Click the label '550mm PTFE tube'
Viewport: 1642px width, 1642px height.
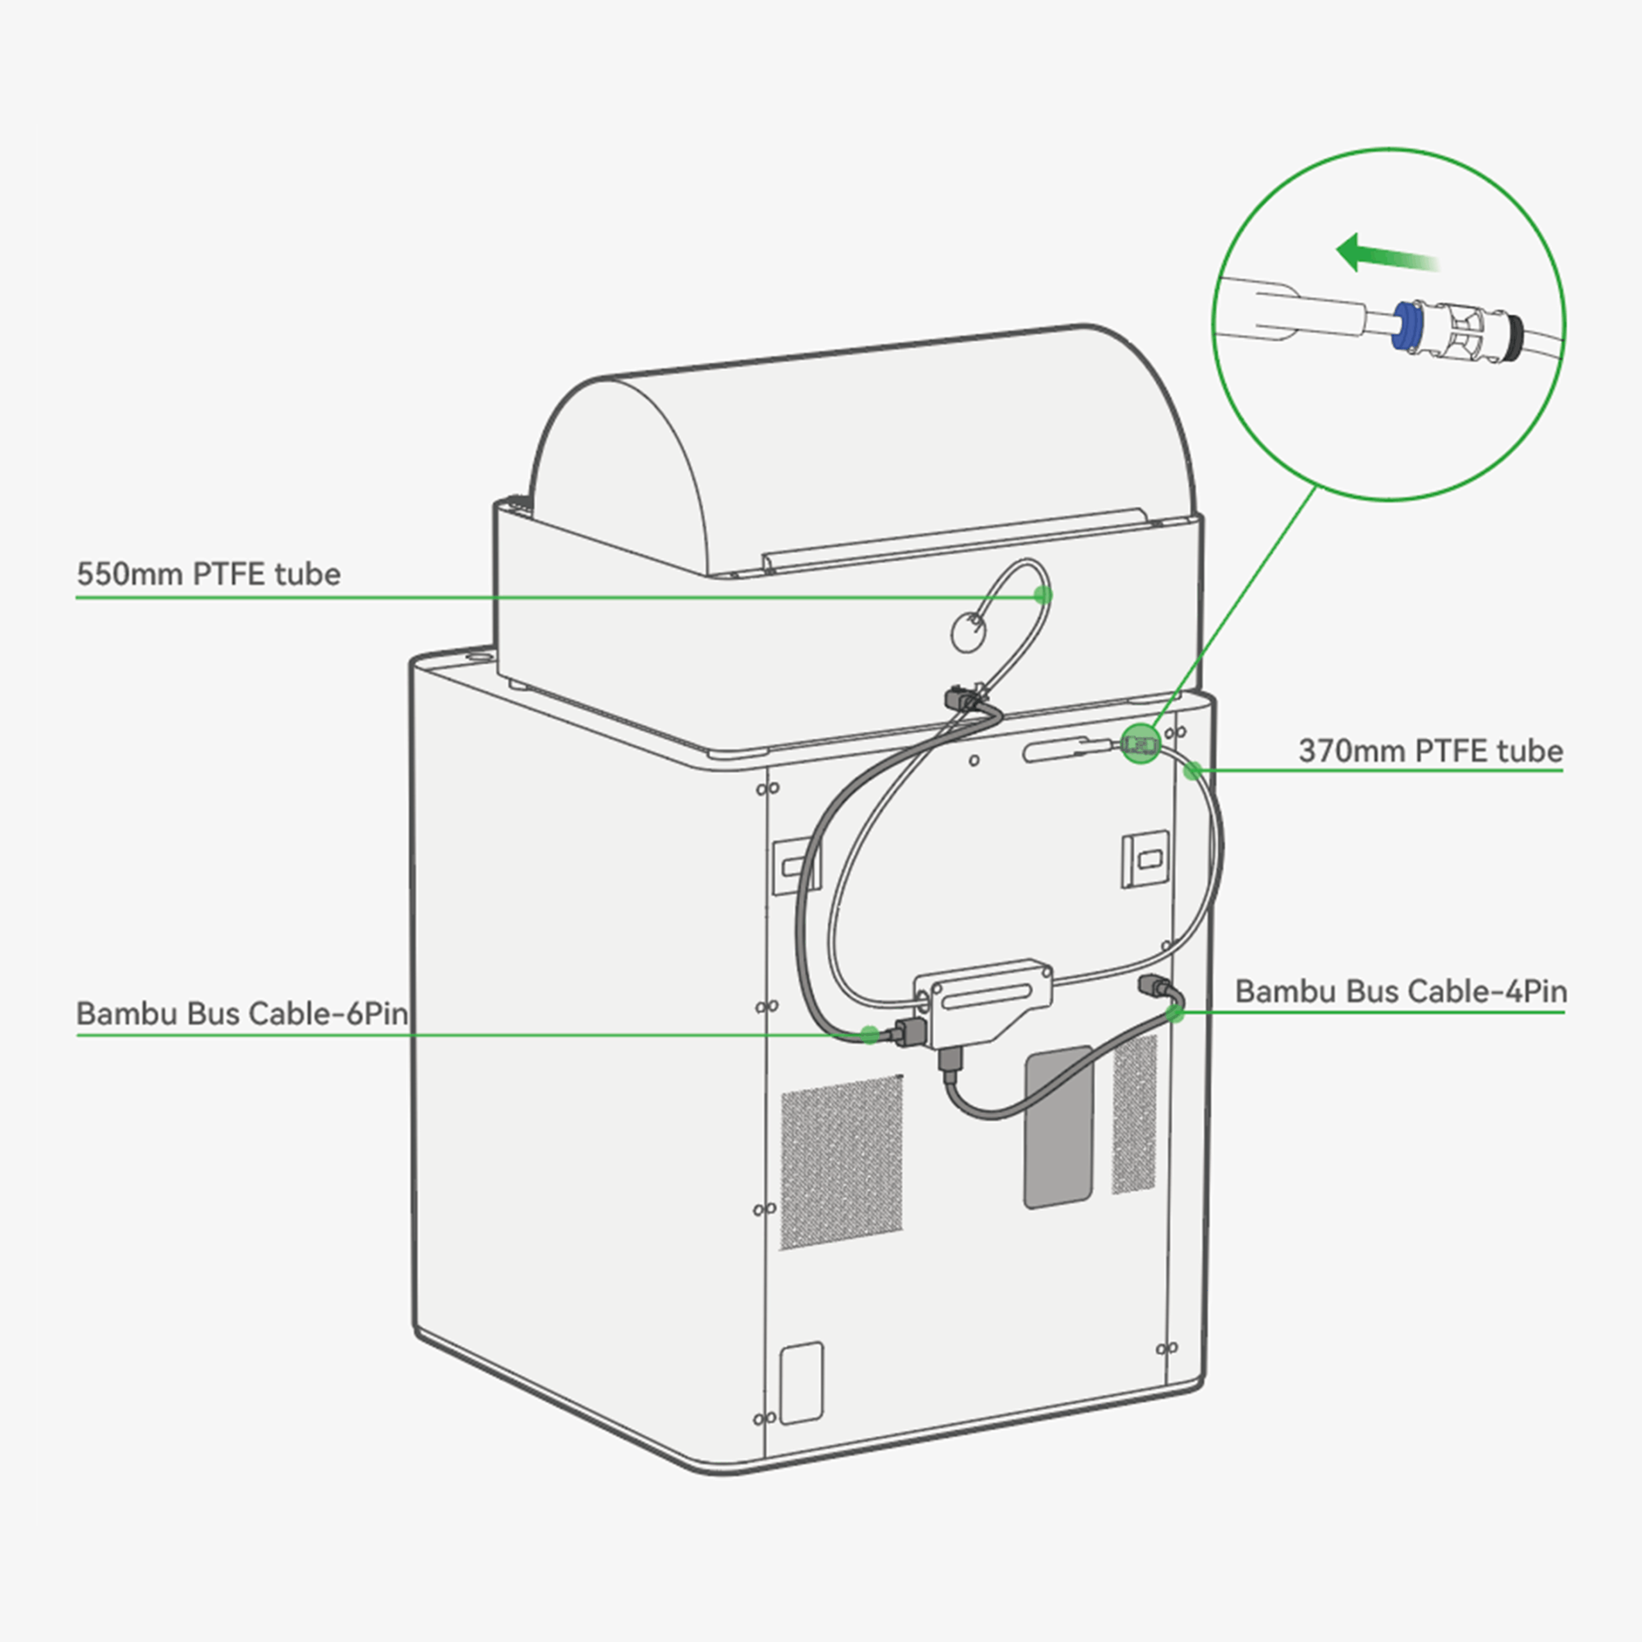tap(208, 575)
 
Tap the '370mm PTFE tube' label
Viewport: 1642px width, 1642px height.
tap(1430, 751)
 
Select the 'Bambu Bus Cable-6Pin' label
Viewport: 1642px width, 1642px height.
tap(242, 1013)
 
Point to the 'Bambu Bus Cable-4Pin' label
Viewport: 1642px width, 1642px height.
tap(1401, 991)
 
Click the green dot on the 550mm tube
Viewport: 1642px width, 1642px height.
tap(1043, 595)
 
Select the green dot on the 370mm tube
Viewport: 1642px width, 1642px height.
tap(1193, 771)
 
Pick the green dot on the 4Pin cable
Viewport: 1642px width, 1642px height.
tap(1174, 1012)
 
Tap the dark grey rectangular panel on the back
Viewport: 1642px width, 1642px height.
tap(1058, 1127)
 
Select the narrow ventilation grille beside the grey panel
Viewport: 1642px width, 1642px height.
tap(1135, 1114)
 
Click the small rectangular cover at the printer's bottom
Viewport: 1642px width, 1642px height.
tap(802, 1383)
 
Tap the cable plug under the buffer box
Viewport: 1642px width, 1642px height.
tap(950, 1062)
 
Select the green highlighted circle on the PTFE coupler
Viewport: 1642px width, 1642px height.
tap(1140, 743)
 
